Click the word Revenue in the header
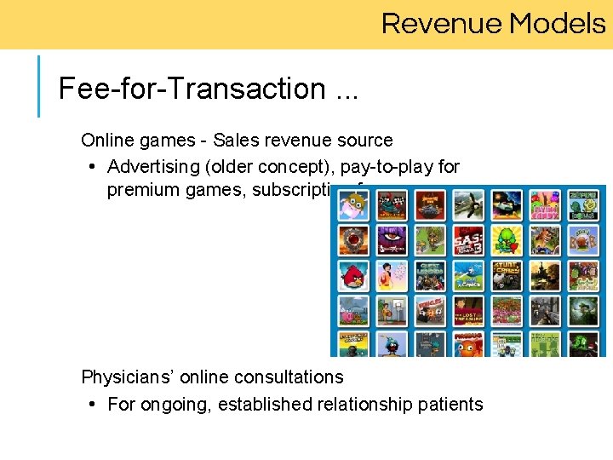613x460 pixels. click(x=438, y=23)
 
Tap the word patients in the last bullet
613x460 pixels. click(x=450, y=404)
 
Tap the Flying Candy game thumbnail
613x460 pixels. click(x=545, y=205)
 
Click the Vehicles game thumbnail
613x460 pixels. click(x=430, y=310)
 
